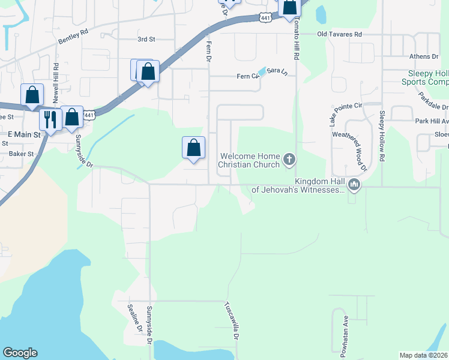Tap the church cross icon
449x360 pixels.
tap(289, 159)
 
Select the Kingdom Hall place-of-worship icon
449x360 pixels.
tap(354, 185)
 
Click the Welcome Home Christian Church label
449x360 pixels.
tap(250, 160)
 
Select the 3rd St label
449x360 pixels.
tap(146, 39)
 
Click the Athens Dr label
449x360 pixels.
tap(424, 56)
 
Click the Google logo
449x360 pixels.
tap(20, 353)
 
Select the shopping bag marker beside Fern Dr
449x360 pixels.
tap(194, 148)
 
